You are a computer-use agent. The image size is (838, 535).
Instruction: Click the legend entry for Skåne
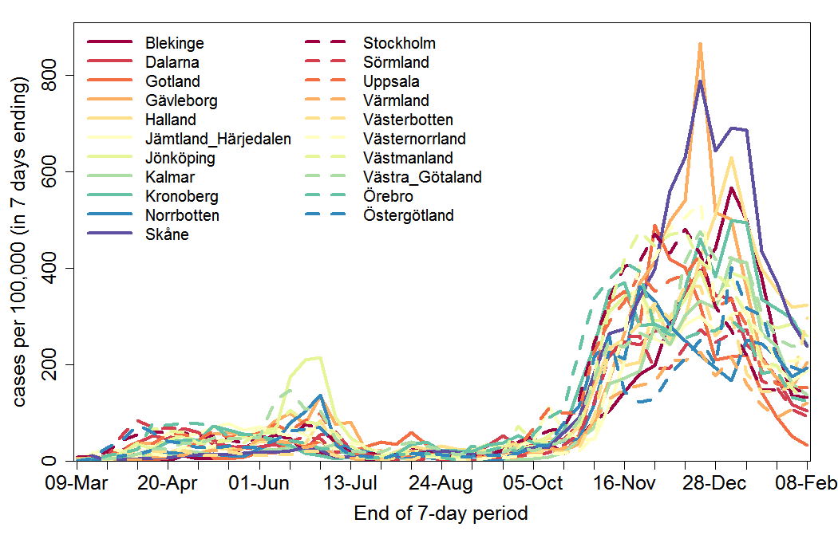167,234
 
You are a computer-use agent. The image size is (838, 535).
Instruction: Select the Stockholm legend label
399,43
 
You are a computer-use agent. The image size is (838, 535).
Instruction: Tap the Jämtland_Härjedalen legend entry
217,139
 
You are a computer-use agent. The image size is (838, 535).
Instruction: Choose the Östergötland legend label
408,215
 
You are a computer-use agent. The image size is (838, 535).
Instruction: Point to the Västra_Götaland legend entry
422,177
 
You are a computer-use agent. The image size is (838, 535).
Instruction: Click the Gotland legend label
172,81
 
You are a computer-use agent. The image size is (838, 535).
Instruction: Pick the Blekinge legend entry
174,43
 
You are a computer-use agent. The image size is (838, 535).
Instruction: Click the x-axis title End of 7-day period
441,513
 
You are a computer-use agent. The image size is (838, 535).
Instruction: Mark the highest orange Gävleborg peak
700,45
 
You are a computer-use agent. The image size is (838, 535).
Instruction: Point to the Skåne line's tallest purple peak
700,81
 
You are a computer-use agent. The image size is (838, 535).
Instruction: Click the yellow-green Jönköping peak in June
321,357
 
